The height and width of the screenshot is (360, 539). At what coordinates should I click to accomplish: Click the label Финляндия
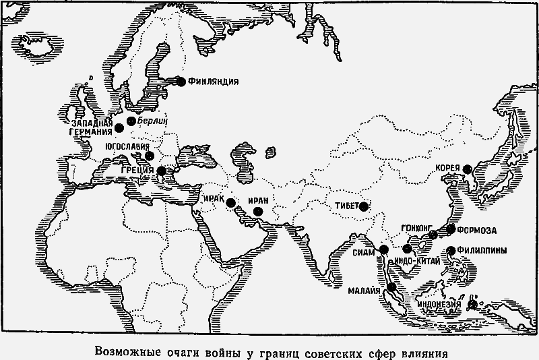214,82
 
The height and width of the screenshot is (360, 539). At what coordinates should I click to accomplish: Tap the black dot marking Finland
181,82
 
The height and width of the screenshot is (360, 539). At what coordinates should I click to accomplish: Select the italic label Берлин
150,119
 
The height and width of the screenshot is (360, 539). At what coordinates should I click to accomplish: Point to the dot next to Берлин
131,121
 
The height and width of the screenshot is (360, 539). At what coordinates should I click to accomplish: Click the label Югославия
128,146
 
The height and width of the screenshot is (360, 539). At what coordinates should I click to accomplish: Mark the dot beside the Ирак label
231,202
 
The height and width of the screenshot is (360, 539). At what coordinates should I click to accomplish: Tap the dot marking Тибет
364,207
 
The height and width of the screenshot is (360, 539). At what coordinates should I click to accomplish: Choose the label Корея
447,168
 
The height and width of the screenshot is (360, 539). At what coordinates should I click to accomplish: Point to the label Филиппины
484,249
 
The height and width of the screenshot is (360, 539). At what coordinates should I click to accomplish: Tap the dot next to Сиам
384,250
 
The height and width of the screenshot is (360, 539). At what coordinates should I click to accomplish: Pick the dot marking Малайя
391,288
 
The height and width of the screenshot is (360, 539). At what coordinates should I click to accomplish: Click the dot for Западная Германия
119,127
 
